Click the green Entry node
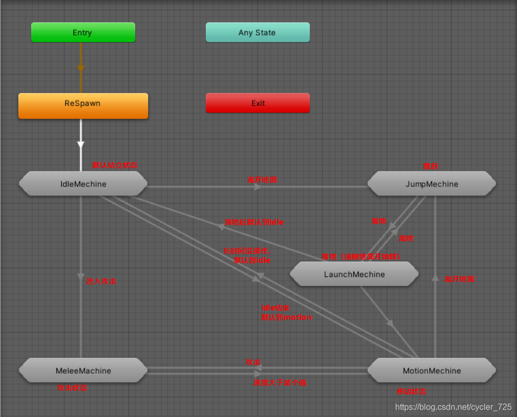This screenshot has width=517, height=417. [83, 32]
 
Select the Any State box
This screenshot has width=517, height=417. [257, 32]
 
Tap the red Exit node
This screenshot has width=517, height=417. [258, 103]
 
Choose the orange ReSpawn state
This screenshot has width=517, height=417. [83, 103]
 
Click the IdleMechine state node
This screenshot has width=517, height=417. [83, 184]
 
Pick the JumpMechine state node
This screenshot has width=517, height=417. [432, 184]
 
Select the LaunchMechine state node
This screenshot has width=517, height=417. [354, 274]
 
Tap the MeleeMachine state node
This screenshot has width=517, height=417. [83, 370]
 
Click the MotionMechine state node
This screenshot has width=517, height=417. [432, 370]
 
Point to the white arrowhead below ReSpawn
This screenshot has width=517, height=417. [81, 142]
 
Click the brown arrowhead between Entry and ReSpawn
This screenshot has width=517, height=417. [81, 68]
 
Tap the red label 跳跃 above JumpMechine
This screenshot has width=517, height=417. [431, 166]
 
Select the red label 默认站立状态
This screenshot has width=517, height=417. [114, 165]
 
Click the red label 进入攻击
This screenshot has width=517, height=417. [101, 281]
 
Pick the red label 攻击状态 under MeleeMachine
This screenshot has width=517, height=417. [72, 388]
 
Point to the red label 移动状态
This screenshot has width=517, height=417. [411, 391]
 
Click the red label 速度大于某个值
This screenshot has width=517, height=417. [280, 383]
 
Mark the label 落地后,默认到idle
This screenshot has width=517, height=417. [254, 222]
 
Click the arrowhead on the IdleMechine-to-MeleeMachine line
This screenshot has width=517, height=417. [81, 276]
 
